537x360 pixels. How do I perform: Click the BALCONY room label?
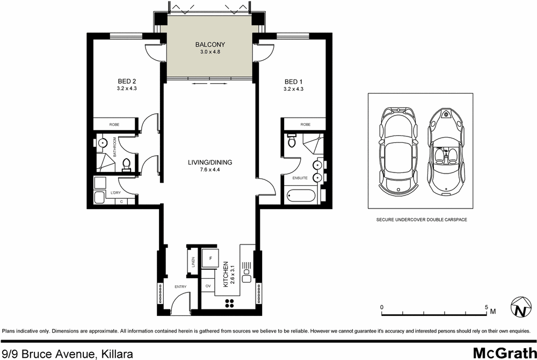[x=210, y=45]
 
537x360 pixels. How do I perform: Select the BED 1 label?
[x=293, y=81]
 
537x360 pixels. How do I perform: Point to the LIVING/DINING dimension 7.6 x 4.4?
[x=210, y=170]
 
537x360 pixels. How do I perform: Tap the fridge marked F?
[x=209, y=258]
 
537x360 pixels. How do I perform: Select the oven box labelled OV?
[x=208, y=286]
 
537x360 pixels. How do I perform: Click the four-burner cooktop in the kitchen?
[x=229, y=303]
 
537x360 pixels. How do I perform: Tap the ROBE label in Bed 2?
[x=114, y=124]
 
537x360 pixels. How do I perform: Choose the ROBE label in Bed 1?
[x=305, y=124]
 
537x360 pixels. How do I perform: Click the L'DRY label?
[x=114, y=192]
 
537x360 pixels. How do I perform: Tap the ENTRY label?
[x=180, y=286]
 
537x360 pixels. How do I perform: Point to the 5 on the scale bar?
[x=487, y=307]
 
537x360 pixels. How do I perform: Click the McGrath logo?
[x=502, y=352]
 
